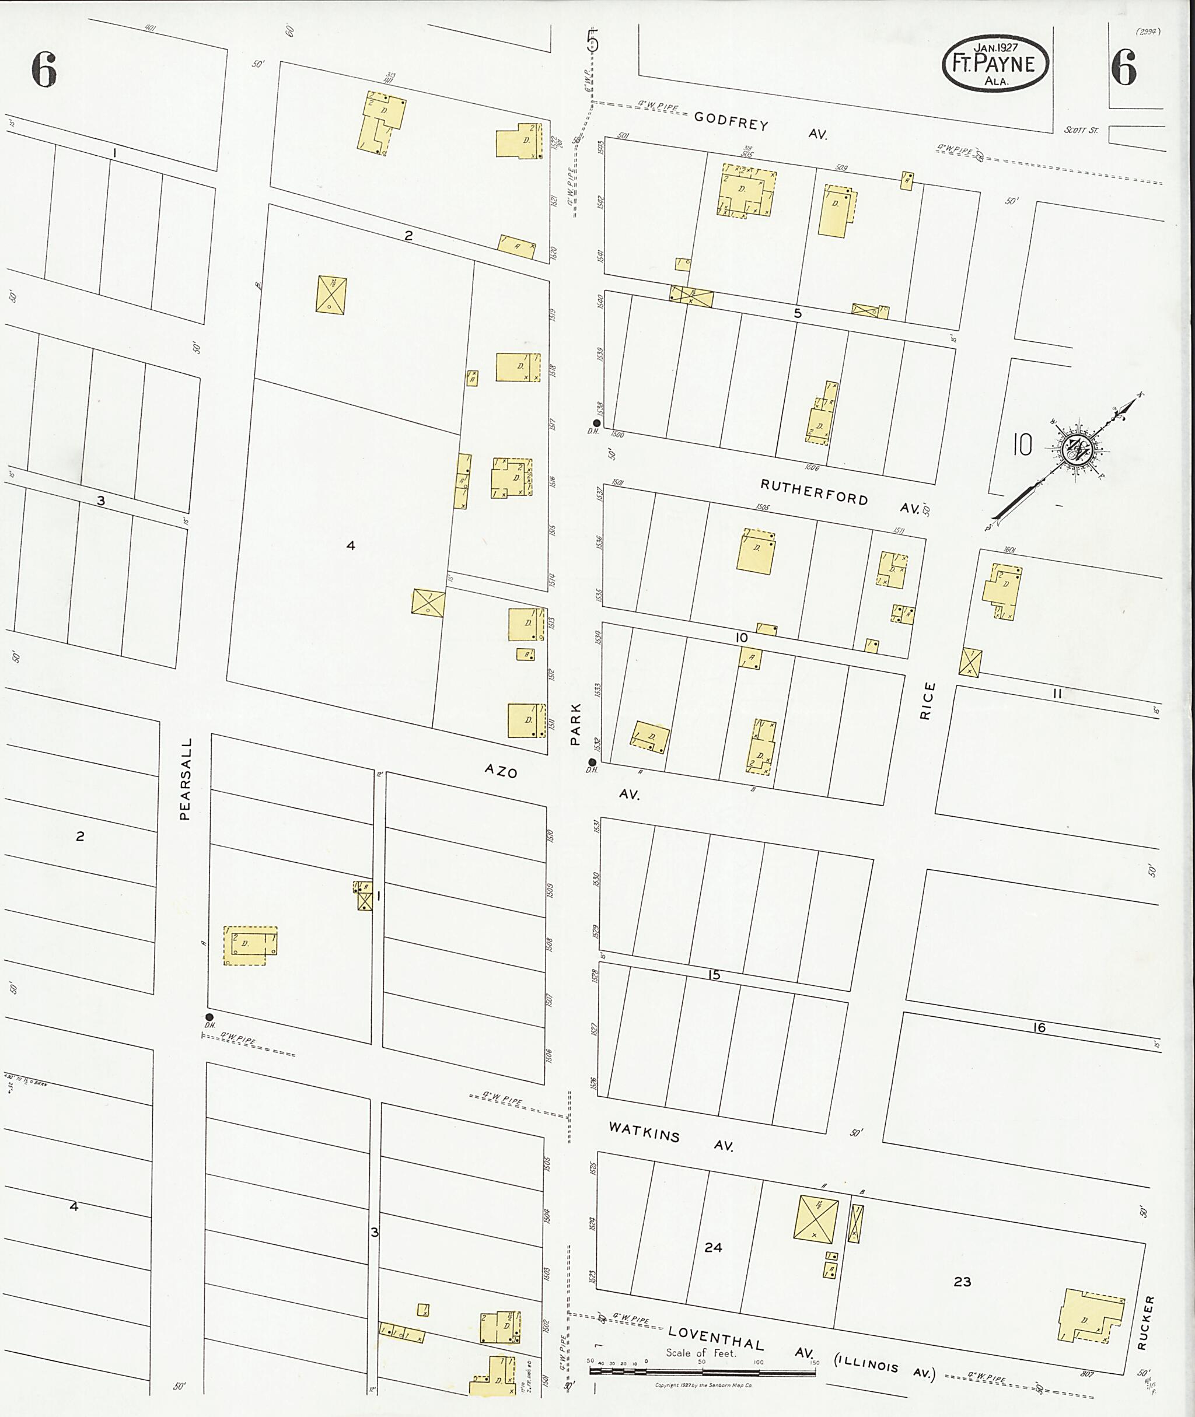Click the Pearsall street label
pyautogui.click(x=186, y=779)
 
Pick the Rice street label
pyautogui.click(x=927, y=701)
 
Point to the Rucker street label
pyautogui.click(x=1143, y=1323)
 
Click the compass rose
pyautogui.click(x=1072, y=450)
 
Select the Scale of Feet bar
pyautogui.click(x=701, y=1372)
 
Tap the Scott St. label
pyautogui.click(x=1081, y=130)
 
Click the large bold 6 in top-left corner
pyautogui.click(x=43, y=70)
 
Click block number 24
pyautogui.click(x=712, y=1247)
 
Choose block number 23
pyautogui.click(x=962, y=1282)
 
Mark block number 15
pyautogui.click(x=714, y=975)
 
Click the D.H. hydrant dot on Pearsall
pyautogui.click(x=209, y=1017)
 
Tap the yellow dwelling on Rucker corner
pyautogui.click(x=1089, y=1316)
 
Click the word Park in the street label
pyautogui.click(x=575, y=724)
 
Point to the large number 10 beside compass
pyautogui.click(x=1022, y=445)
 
